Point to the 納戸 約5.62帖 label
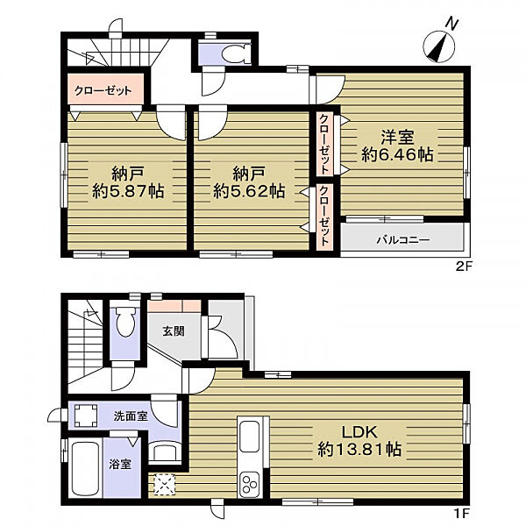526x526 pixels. tap(250, 181)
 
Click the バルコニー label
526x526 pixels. tap(402, 238)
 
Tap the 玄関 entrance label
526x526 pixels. tap(173, 331)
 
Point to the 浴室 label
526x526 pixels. tap(120, 464)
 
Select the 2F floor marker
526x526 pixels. tap(466, 265)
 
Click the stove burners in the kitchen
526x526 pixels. tap(248, 483)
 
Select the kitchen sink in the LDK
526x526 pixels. tap(248, 437)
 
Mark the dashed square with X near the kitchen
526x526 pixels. tap(165, 483)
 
